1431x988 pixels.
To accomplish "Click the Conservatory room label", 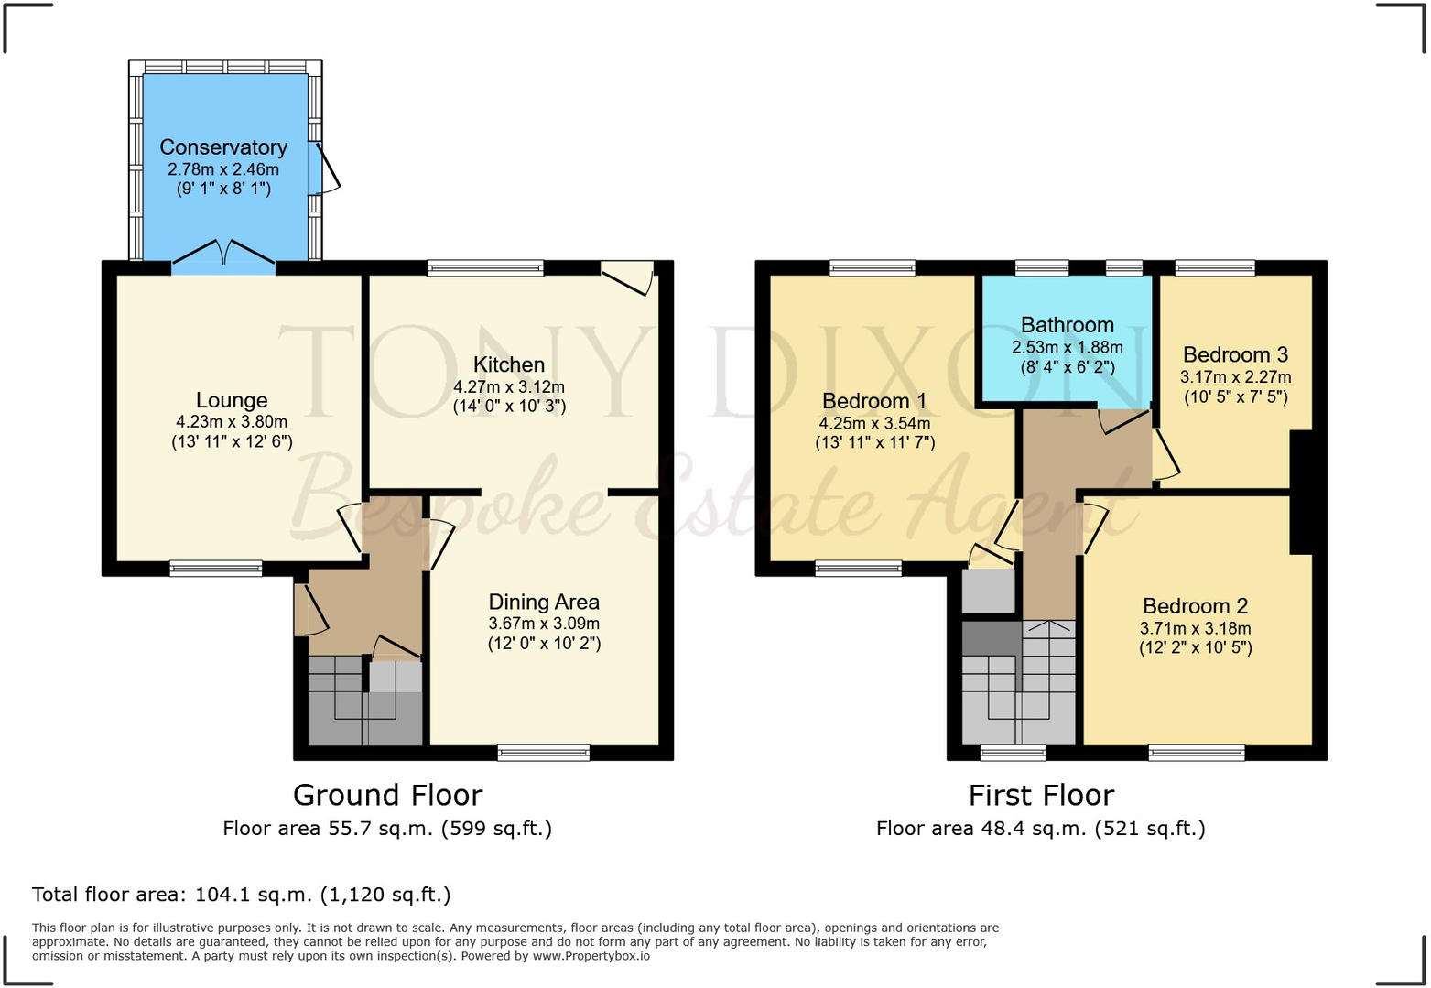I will tap(223, 147).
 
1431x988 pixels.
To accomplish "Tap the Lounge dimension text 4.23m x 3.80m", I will tap(232, 422).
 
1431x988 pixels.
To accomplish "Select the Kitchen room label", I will tap(509, 364).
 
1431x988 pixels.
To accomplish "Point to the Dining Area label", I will tap(544, 602).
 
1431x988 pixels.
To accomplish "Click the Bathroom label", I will tap(1067, 325).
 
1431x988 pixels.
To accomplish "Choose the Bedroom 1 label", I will tap(874, 401).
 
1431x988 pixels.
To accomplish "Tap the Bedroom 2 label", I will tap(1195, 606).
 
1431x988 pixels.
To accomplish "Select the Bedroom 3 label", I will tap(1235, 355).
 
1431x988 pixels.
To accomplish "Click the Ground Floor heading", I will tap(387, 795).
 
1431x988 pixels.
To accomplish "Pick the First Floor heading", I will tap(1041, 795).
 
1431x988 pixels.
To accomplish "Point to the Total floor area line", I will tap(242, 895).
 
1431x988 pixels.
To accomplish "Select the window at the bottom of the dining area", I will tap(544, 753).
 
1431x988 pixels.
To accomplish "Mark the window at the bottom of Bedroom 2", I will tap(1196, 753).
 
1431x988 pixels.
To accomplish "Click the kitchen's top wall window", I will tap(485, 268).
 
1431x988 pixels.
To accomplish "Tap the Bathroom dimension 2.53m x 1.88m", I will tap(1067, 348).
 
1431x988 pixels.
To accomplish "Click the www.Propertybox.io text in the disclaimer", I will tap(591, 956).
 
